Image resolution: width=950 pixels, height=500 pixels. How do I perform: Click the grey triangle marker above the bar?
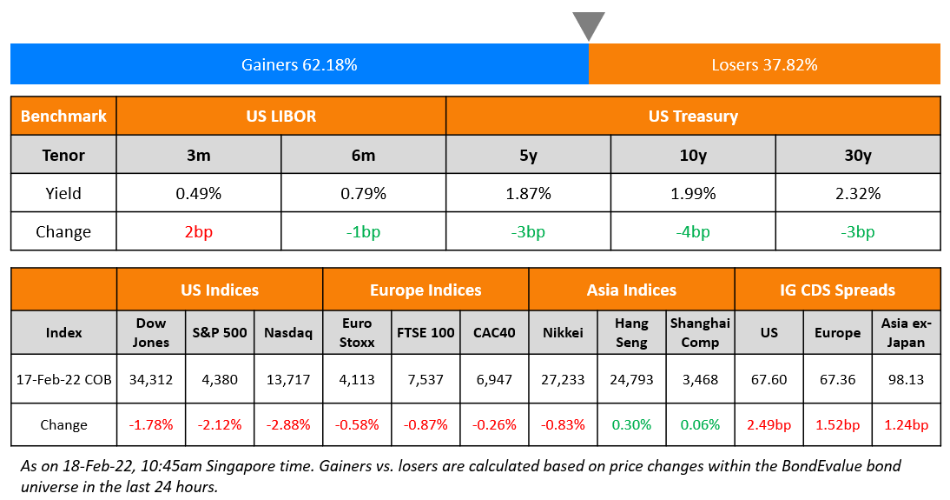589,24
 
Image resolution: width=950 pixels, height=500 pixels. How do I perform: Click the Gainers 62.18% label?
299,64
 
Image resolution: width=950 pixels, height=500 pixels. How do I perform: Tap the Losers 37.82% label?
764,64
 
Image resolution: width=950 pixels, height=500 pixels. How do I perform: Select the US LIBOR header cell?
280,116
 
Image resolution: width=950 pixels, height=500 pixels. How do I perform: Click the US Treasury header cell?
693,116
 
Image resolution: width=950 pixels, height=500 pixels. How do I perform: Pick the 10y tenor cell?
693,155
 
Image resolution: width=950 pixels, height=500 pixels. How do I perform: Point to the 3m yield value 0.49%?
198,193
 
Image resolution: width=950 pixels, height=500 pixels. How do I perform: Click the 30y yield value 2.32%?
857,193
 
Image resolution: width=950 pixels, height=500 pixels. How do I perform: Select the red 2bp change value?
198,232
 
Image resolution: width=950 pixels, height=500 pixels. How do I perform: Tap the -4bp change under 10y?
693,232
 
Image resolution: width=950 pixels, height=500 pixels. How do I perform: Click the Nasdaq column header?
288,332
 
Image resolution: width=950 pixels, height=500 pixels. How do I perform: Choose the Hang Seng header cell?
631,332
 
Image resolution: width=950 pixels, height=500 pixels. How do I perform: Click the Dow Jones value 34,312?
151,379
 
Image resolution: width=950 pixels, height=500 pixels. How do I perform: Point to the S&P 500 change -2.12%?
220,424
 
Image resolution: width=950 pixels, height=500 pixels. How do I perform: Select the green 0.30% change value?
631,424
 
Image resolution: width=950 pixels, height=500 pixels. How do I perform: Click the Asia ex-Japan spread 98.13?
906,379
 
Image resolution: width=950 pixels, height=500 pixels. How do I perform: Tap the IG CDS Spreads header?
837,290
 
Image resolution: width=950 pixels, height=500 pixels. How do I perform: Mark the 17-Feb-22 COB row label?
63,379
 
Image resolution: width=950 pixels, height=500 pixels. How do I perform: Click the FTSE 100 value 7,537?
426,379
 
